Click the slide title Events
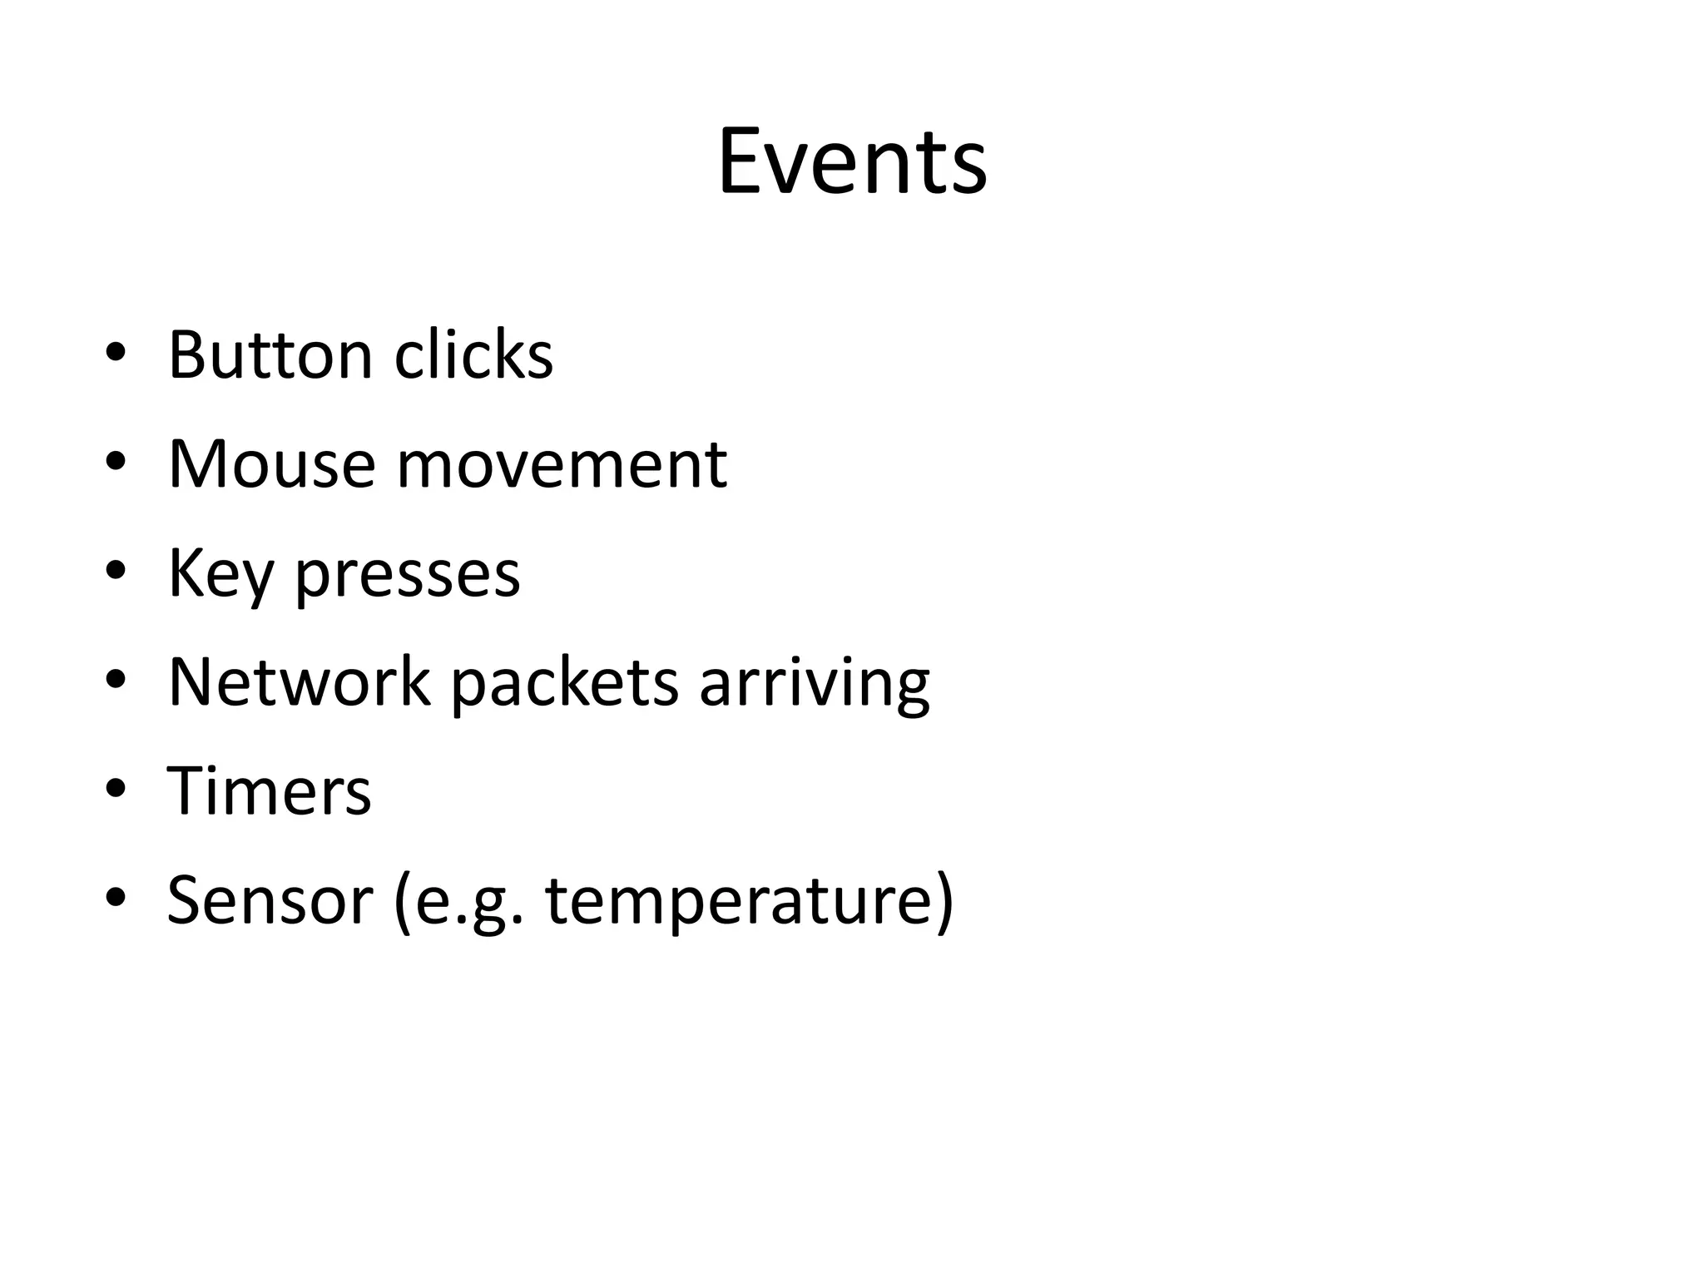852,161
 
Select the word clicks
473,356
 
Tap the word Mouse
272,464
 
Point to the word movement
562,464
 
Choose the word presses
408,576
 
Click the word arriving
815,684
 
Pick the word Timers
269,791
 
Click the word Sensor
270,900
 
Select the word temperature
749,902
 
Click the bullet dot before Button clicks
116,354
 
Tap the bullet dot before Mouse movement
116,463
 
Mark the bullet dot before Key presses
116,572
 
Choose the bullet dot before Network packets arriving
116,681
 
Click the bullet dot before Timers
116,790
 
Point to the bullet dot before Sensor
116,899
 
